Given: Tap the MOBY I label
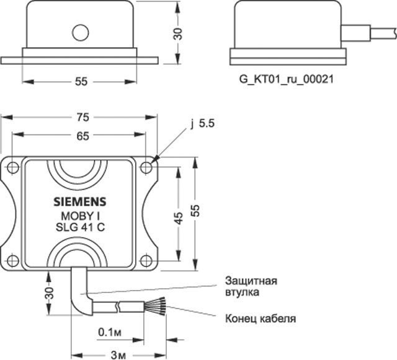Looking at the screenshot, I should tap(78, 216).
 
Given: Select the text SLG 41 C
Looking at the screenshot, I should tap(78, 228).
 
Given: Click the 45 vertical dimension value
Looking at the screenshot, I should tap(179, 218).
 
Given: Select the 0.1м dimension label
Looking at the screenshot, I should tap(109, 331).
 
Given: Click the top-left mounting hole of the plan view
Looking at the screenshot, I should tap(12, 167).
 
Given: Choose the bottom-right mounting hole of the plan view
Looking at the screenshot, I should tap(146, 260).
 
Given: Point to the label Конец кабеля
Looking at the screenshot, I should tap(260, 319).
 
